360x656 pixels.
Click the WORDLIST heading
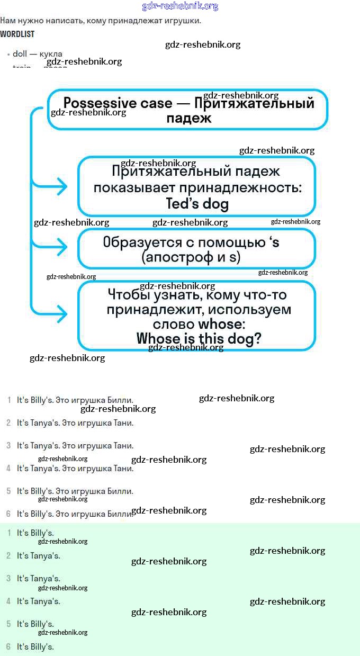point(17,34)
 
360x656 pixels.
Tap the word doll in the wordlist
point(20,54)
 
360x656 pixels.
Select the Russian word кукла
point(51,54)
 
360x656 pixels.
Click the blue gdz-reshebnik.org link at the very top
point(180,6)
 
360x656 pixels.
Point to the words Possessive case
point(118,103)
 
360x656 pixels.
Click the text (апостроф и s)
point(191,258)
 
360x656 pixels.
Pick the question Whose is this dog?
point(199,338)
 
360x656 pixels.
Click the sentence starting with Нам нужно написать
point(101,21)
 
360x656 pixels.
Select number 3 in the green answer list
point(8,578)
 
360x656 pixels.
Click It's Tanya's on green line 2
point(38,555)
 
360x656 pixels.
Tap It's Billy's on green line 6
point(35,646)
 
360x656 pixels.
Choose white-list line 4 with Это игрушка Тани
point(75,468)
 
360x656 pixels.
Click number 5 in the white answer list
point(8,491)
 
